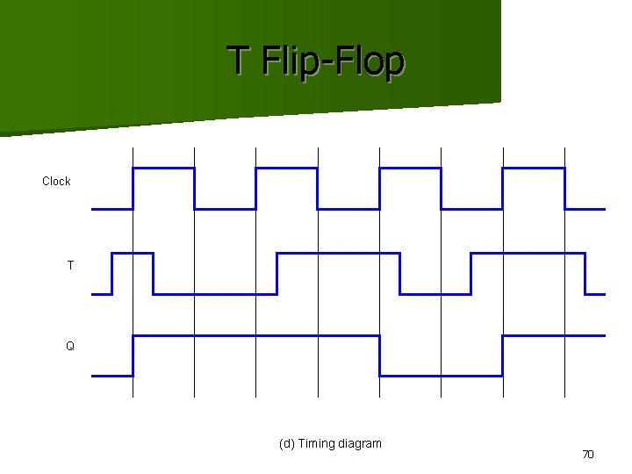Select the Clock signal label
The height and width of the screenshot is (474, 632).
click(56, 181)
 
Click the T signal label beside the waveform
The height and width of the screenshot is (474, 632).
click(70, 264)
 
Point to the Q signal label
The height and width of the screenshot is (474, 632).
click(70, 346)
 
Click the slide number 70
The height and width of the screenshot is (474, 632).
click(588, 454)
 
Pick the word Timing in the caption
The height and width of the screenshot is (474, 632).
click(318, 443)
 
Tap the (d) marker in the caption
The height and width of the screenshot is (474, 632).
click(286, 443)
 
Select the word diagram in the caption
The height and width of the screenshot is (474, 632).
click(361, 443)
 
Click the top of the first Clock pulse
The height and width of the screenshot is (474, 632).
click(163, 168)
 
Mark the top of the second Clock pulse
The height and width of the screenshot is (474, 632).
click(286, 168)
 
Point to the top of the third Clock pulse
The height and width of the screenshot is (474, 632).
click(410, 168)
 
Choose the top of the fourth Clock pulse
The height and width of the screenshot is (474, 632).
click(533, 168)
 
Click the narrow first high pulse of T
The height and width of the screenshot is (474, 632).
click(133, 253)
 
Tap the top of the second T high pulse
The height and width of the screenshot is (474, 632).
click(338, 253)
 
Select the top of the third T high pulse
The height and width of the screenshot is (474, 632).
click(528, 253)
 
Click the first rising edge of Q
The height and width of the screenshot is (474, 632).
click(133, 355)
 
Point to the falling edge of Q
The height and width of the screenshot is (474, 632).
click(379, 355)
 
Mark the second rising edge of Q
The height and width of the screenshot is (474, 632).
click(502, 355)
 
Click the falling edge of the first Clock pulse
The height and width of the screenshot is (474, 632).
click(194, 188)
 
